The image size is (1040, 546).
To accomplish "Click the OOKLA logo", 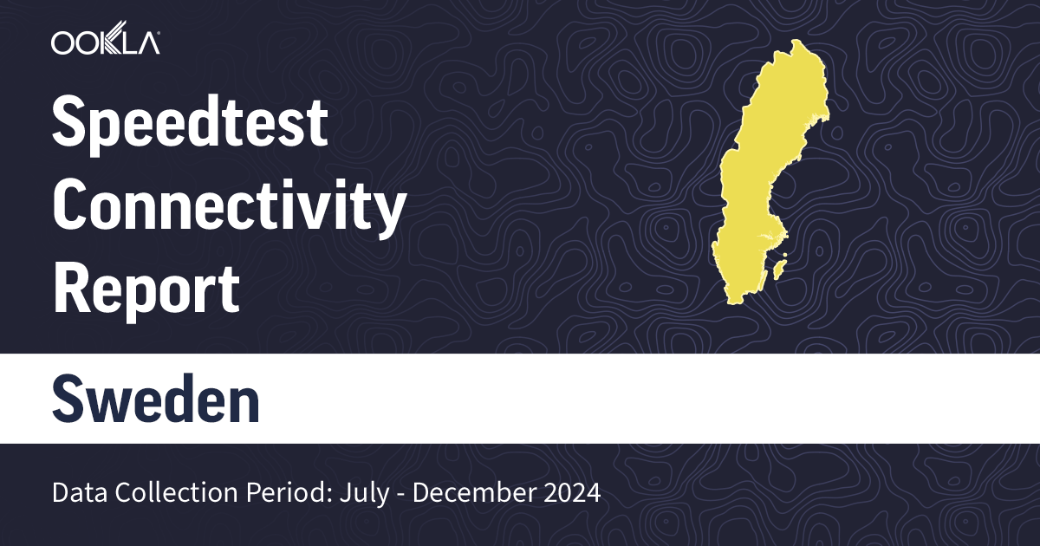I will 105,42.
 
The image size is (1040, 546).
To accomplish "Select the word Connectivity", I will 229,206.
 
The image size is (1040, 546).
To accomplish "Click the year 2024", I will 568,493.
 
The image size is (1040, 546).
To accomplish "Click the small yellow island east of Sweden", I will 778,265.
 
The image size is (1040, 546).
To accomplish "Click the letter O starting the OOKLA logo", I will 63,42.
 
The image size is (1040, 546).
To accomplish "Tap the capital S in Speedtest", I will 72,123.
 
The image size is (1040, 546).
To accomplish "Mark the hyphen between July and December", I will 403,494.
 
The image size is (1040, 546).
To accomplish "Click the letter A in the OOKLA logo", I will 147,42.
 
